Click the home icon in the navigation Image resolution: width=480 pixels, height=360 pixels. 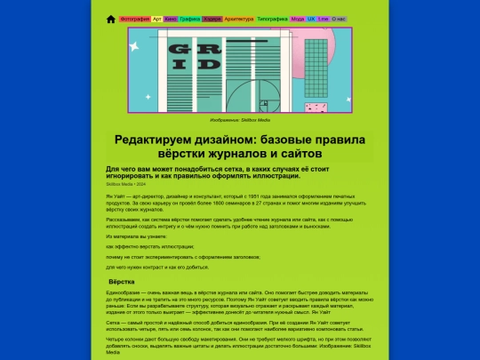pos(111,19)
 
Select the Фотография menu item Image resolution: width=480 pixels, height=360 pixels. pos(134,19)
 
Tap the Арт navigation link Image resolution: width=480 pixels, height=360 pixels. pos(157,19)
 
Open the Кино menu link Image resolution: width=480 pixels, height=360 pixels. pos(171,19)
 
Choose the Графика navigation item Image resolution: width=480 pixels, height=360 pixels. pos(189,19)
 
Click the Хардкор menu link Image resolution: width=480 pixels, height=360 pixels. pos(212,19)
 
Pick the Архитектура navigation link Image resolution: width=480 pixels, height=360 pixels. pos(239,19)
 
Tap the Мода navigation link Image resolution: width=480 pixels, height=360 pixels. pos(298,19)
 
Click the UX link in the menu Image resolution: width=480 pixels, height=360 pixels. pos(312,19)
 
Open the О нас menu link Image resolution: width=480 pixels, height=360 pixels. pos(339,19)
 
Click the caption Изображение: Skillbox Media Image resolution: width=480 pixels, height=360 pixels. pos(240,118)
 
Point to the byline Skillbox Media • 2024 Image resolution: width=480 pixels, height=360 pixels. pos(125,184)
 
